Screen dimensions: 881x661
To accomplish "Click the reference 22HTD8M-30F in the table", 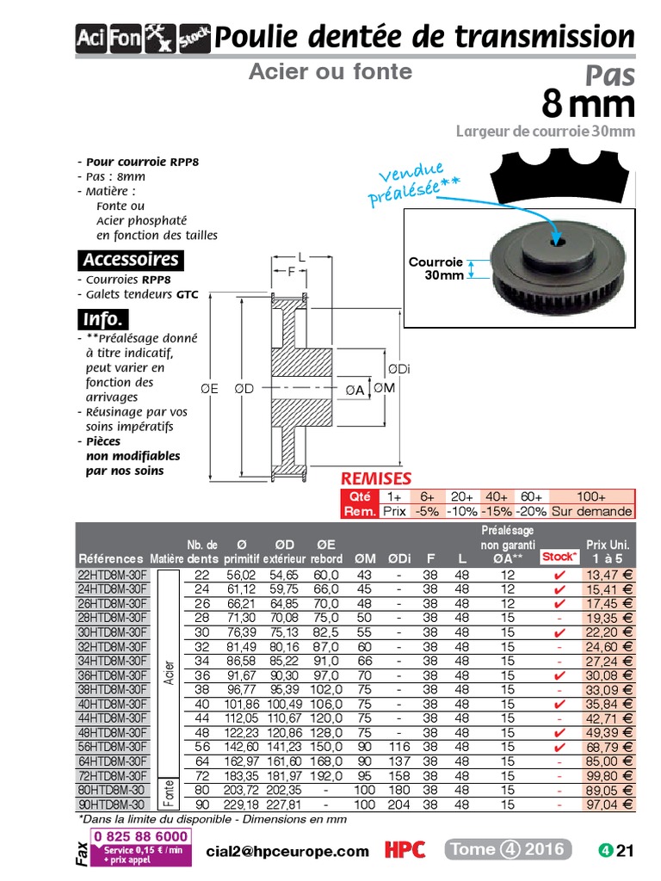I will [x=113, y=575].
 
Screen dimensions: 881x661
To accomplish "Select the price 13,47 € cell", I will [x=608, y=575].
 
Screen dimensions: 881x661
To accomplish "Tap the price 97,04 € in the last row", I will [x=608, y=804].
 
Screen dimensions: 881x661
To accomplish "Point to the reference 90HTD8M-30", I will [x=111, y=804].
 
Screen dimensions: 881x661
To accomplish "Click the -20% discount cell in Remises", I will [x=531, y=511].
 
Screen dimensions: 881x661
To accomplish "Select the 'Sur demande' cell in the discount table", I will [x=591, y=511].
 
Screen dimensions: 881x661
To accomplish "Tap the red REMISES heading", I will [x=376, y=478].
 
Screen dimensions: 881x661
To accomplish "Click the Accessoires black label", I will [x=130, y=260].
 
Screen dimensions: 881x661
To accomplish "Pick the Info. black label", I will [x=103, y=319].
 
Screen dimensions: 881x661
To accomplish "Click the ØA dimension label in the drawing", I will [x=355, y=390].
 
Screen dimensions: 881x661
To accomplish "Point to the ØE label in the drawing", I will [x=209, y=388].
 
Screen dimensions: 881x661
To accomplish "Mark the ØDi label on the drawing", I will [x=398, y=369].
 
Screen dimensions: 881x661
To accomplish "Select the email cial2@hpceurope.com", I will [x=287, y=851].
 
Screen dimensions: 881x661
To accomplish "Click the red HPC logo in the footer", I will [x=405, y=850].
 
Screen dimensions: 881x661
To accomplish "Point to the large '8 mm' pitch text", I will [x=588, y=105].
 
